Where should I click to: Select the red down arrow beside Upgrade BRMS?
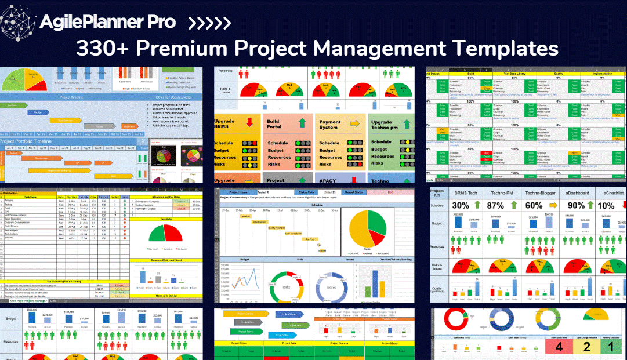click(249, 122)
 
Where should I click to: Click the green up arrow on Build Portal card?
click(303, 123)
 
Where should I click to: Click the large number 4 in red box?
click(559, 347)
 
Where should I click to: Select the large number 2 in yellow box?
click(587, 347)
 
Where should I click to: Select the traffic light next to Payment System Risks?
click(350, 165)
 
